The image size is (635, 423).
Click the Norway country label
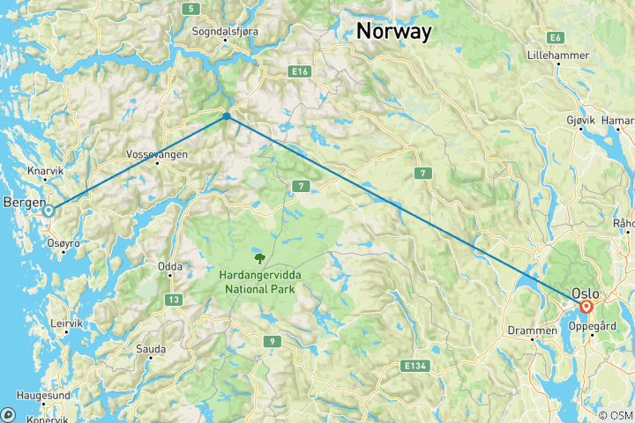coord(393,32)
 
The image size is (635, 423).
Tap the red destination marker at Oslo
coord(586,307)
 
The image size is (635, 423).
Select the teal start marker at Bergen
coord(50,211)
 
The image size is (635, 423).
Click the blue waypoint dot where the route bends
coord(227,115)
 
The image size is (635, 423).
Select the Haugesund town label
coord(43,396)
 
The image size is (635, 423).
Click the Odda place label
coord(170,265)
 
